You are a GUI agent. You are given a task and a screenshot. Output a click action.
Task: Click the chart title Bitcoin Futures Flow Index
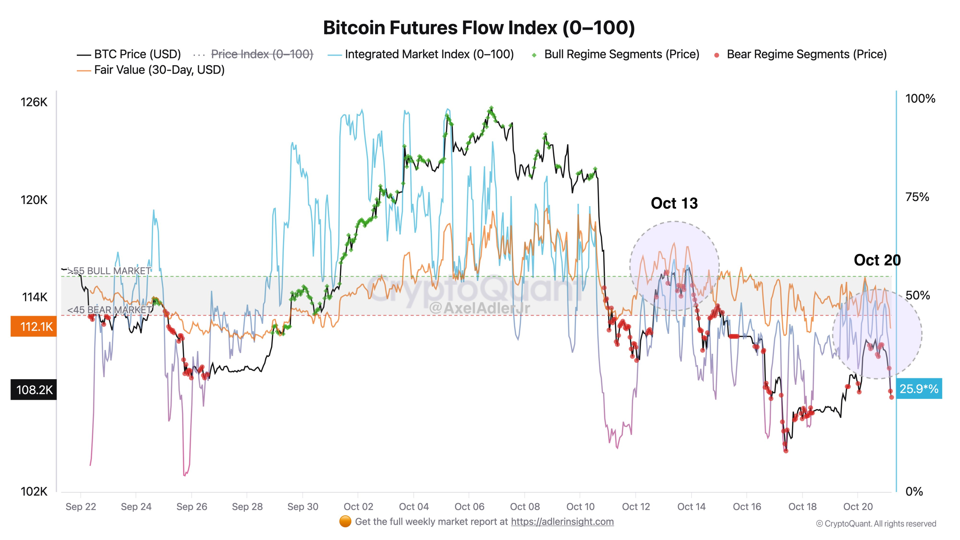479,28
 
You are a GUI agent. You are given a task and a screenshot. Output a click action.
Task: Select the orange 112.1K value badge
34,326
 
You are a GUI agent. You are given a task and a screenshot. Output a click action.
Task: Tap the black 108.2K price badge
34,390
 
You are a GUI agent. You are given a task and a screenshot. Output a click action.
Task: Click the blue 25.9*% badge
919,389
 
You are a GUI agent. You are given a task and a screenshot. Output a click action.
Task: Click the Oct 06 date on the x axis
469,507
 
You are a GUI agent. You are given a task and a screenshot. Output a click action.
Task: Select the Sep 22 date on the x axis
81,507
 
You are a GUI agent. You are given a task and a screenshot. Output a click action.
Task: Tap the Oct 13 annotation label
674,203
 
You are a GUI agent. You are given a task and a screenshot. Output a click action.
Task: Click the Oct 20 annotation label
877,260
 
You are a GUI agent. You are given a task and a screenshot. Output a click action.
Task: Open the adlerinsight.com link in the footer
562,522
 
